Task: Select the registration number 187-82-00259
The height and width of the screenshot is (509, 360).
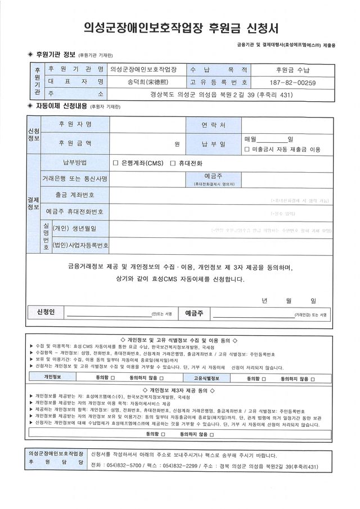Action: (296, 83)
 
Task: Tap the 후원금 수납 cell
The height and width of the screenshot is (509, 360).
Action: (296, 70)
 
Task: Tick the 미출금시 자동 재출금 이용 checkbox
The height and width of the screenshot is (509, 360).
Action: (247, 150)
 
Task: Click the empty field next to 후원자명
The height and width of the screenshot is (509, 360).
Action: (147, 124)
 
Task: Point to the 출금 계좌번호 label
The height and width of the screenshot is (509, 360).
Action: (75, 195)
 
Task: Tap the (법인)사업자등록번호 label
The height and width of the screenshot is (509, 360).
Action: (80, 246)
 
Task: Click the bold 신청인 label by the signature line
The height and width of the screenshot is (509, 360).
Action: (46, 312)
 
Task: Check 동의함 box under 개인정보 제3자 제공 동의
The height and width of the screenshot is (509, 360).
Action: (163, 435)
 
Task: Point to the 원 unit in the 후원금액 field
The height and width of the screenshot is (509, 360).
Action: (177, 144)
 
